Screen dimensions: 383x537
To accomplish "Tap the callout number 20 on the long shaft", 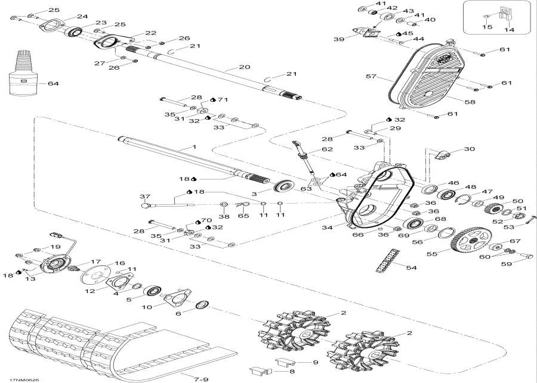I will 243,67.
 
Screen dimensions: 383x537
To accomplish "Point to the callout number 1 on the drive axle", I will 193,146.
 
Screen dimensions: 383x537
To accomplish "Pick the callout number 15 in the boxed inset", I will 487,27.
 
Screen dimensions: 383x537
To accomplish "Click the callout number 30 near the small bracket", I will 469,148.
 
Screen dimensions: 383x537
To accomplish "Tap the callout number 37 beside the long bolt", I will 145,197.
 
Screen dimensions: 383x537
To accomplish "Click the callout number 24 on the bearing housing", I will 82,16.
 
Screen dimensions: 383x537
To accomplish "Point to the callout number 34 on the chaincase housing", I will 327,227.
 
